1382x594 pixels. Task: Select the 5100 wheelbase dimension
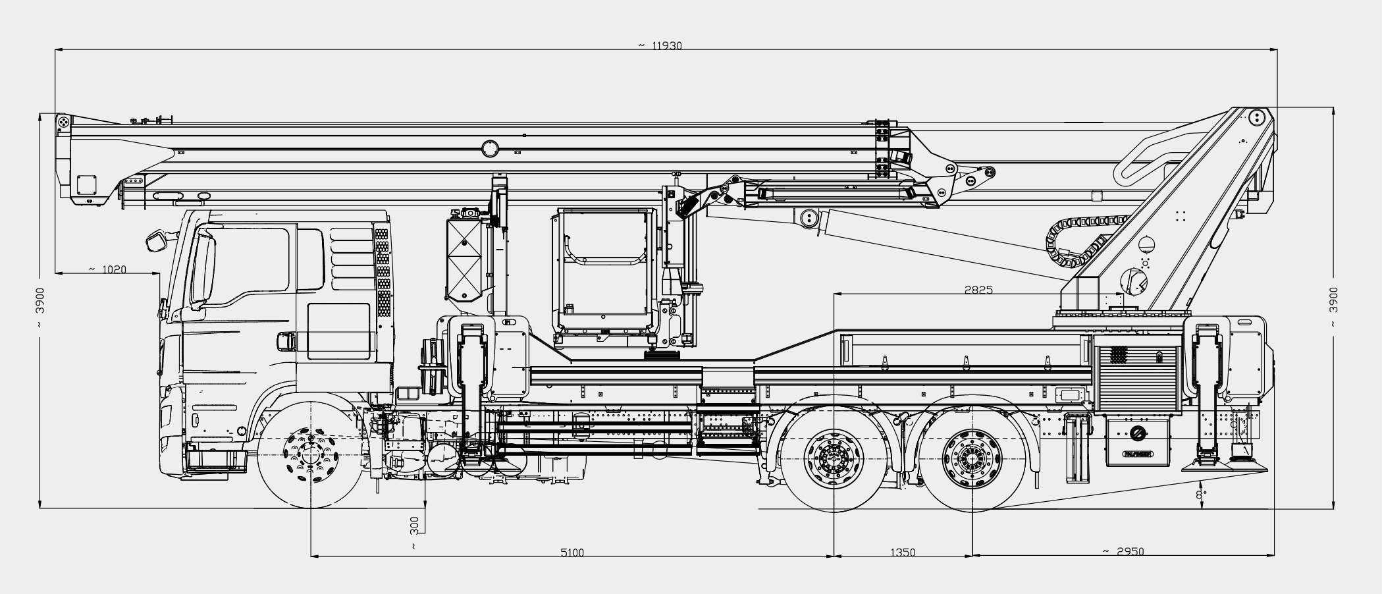pos(572,553)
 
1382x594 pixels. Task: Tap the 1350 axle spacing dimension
pos(903,553)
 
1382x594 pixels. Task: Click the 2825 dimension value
pos(978,289)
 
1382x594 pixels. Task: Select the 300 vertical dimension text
pos(414,525)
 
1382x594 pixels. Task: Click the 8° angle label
pos(1201,493)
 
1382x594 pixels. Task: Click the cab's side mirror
pos(159,240)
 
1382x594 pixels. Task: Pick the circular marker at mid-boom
pos(491,148)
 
